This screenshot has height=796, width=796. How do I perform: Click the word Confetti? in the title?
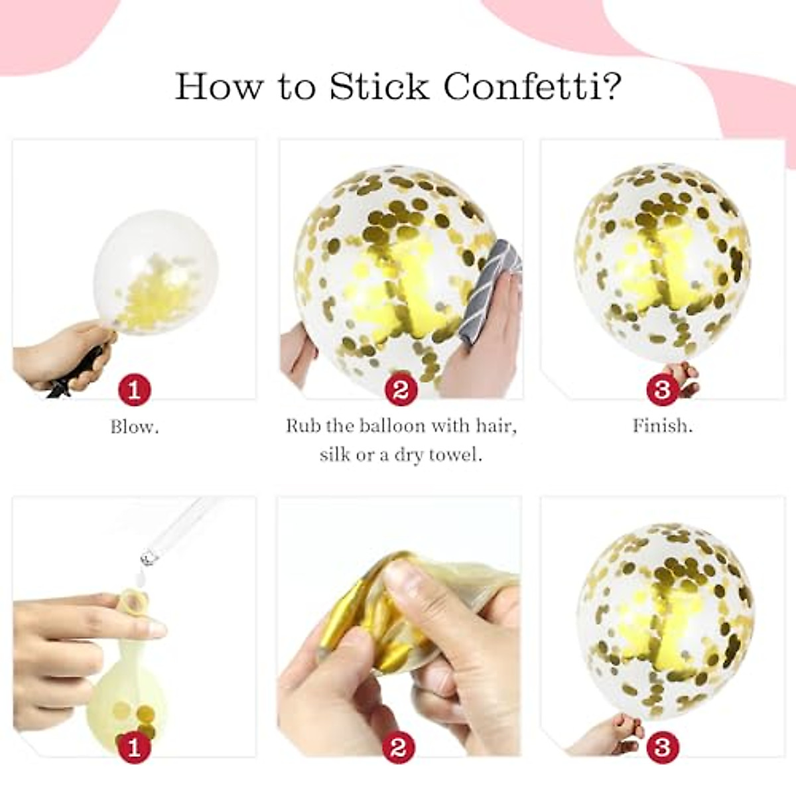coord(533,86)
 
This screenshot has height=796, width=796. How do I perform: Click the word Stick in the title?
coord(380,86)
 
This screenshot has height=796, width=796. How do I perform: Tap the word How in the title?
coord(220,86)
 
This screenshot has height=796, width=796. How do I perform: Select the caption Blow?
coord(135,427)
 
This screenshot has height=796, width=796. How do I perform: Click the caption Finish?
coord(663,425)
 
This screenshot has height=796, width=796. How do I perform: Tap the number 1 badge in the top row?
coord(135,389)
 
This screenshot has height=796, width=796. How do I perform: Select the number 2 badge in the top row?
coord(401,389)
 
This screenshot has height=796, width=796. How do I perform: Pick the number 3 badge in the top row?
coord(662,389)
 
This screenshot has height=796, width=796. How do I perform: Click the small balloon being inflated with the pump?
coord(155,271)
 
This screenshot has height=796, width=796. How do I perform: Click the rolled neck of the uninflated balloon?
coord(134,598)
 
